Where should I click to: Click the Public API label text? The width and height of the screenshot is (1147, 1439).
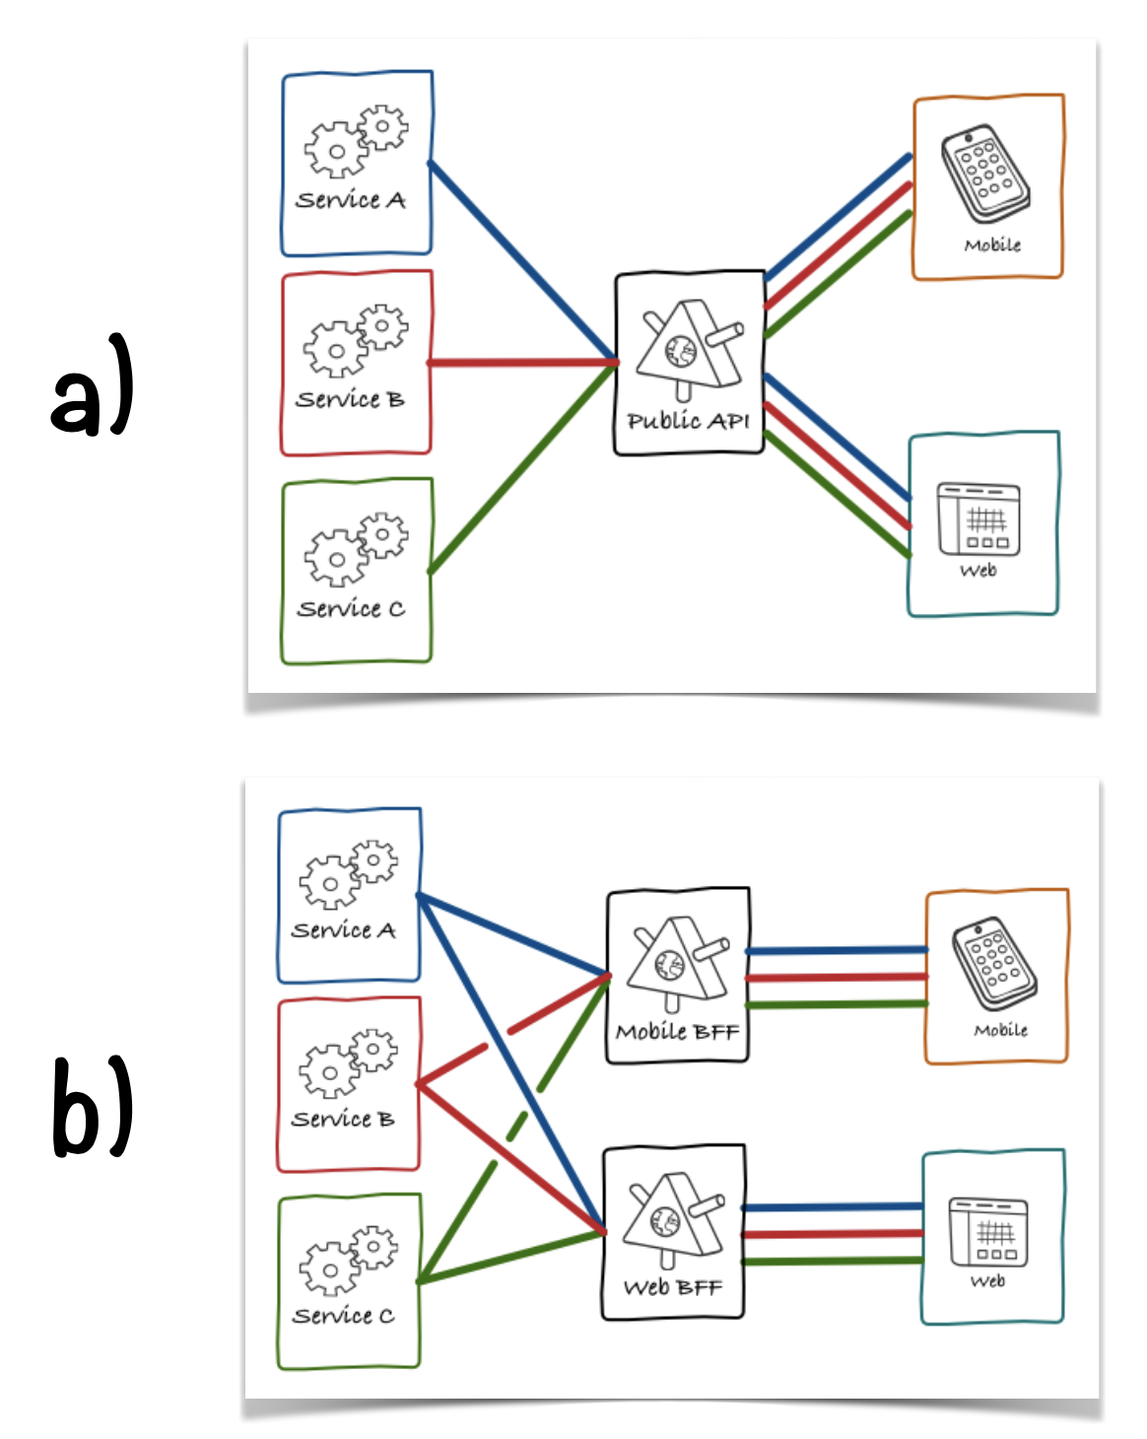pos(688,421)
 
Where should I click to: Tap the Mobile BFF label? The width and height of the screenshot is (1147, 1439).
pos(677,1032)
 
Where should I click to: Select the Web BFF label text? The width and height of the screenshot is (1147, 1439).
pos(673,1287)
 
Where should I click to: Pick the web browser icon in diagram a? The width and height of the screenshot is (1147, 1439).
pos(978,518)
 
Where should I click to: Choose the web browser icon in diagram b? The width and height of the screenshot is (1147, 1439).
pos(988,1231)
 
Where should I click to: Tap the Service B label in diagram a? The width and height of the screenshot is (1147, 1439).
pos(350,399)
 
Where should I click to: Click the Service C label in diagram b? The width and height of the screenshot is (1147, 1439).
pos(343,1316)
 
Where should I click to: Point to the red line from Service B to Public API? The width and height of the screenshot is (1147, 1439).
pos(522,363)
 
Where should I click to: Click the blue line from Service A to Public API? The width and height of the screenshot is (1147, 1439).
pos(522,261)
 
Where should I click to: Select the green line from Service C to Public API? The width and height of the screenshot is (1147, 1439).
pos(522,468)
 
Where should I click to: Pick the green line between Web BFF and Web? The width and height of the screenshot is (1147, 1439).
pos(832,1261)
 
